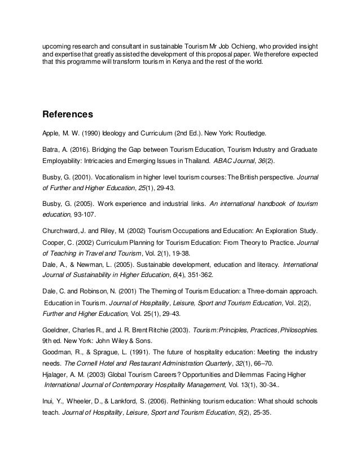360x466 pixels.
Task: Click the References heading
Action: (68, 115)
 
